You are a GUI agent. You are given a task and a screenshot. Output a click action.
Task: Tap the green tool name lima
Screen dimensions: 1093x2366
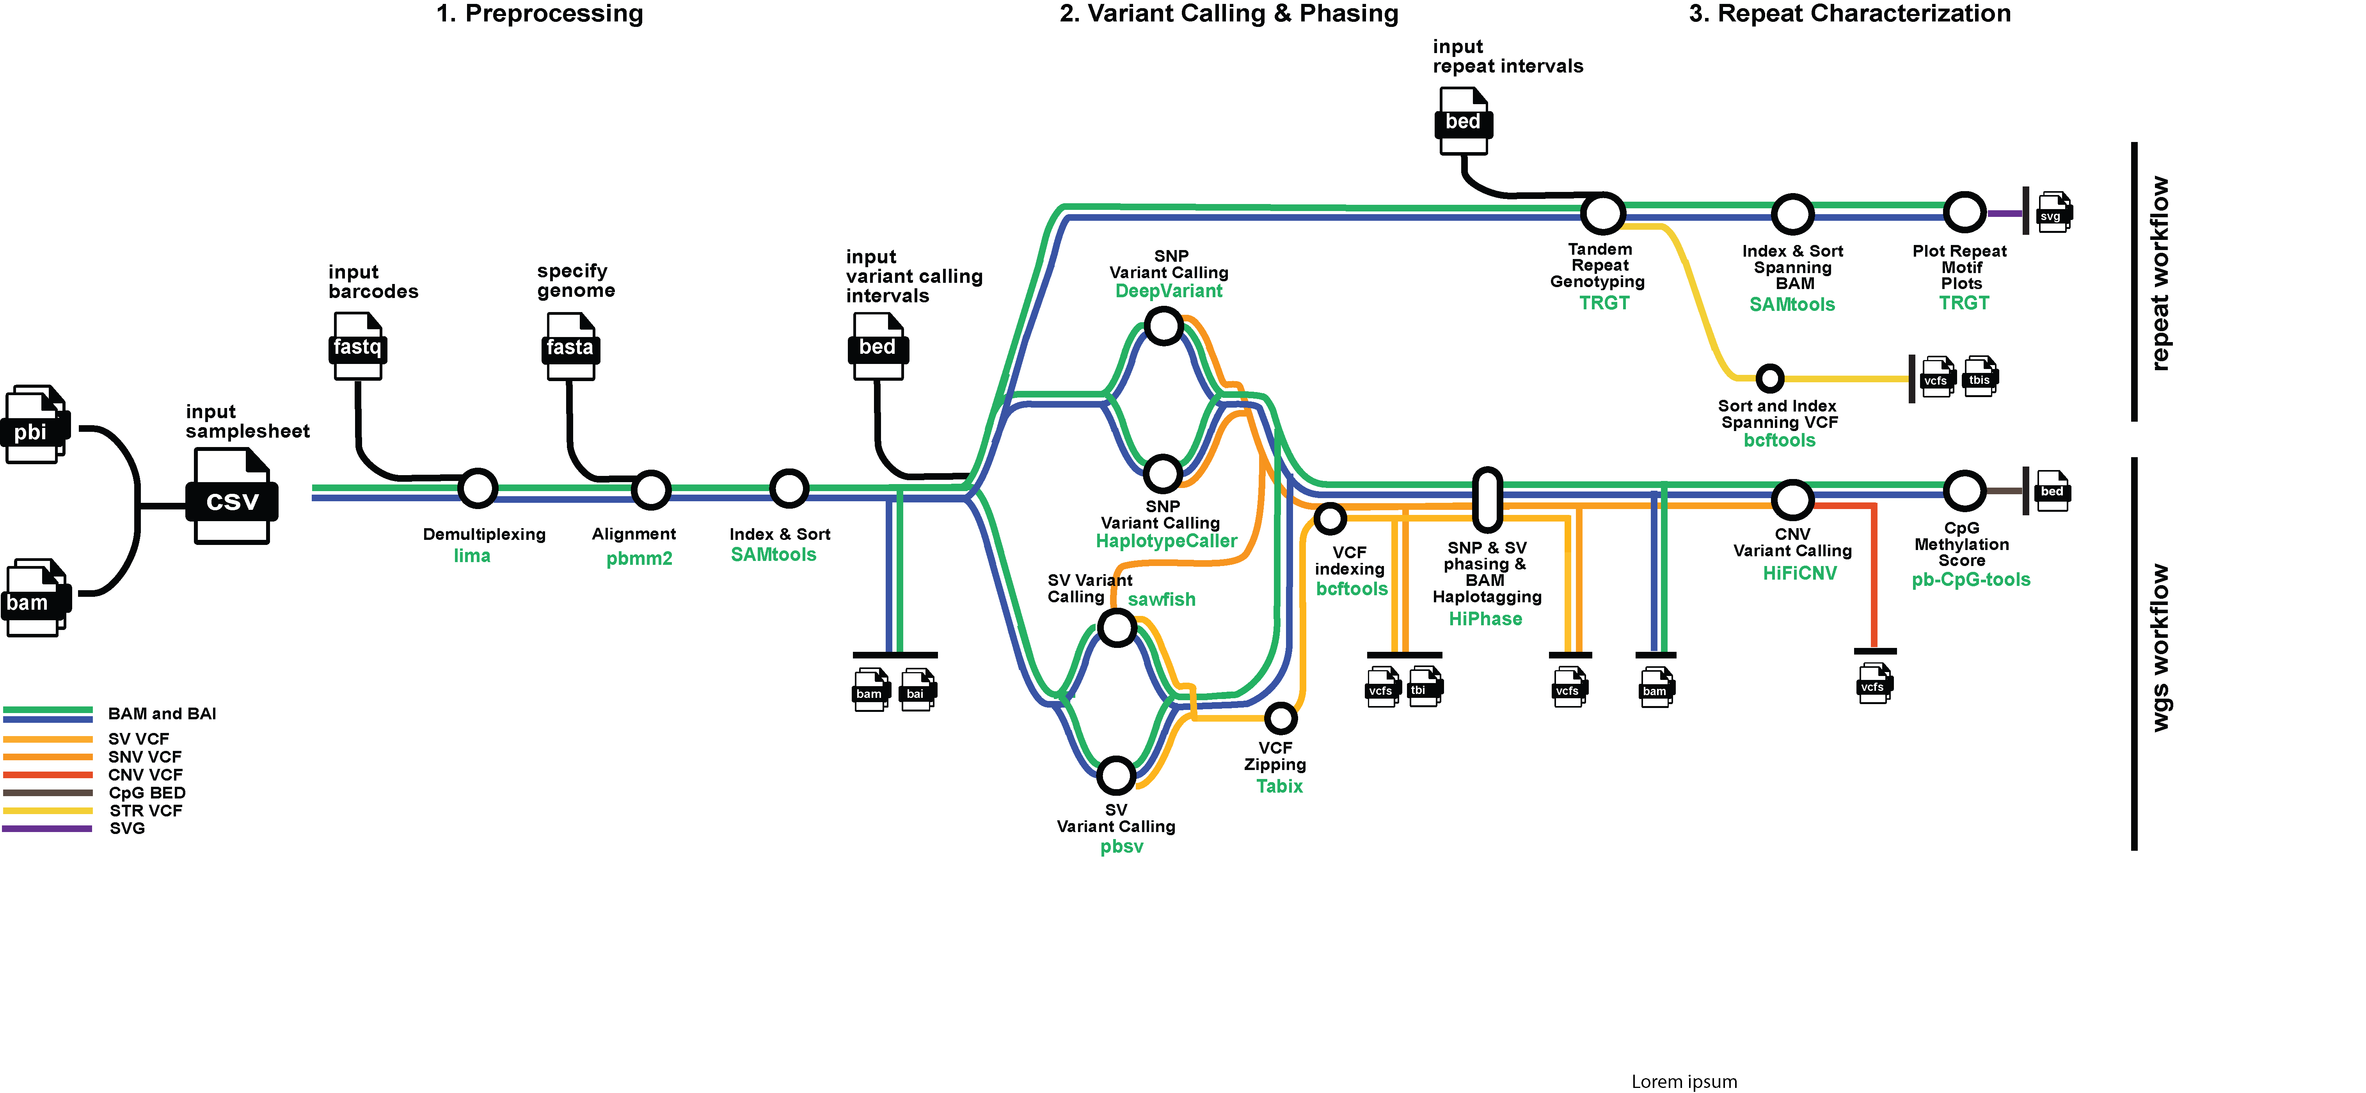[x=472, y=556]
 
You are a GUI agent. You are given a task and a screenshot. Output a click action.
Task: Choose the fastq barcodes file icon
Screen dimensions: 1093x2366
[x=357, y=346]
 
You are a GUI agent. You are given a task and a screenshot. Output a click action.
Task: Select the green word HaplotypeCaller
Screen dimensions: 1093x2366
[x=1167, y=541]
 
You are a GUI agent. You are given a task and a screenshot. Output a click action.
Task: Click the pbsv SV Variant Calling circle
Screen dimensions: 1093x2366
[x=1116, y=775]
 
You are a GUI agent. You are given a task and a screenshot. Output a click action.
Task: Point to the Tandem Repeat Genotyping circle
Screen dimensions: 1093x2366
[x=1603, y=213]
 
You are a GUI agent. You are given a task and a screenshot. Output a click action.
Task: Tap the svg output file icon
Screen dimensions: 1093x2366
[x=2054, y=213]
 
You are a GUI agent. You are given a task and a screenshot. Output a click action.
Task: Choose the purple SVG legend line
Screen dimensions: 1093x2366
[x=48, y=829]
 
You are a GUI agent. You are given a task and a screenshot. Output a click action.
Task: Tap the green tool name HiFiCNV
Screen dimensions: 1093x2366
[x=1799, y=573]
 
